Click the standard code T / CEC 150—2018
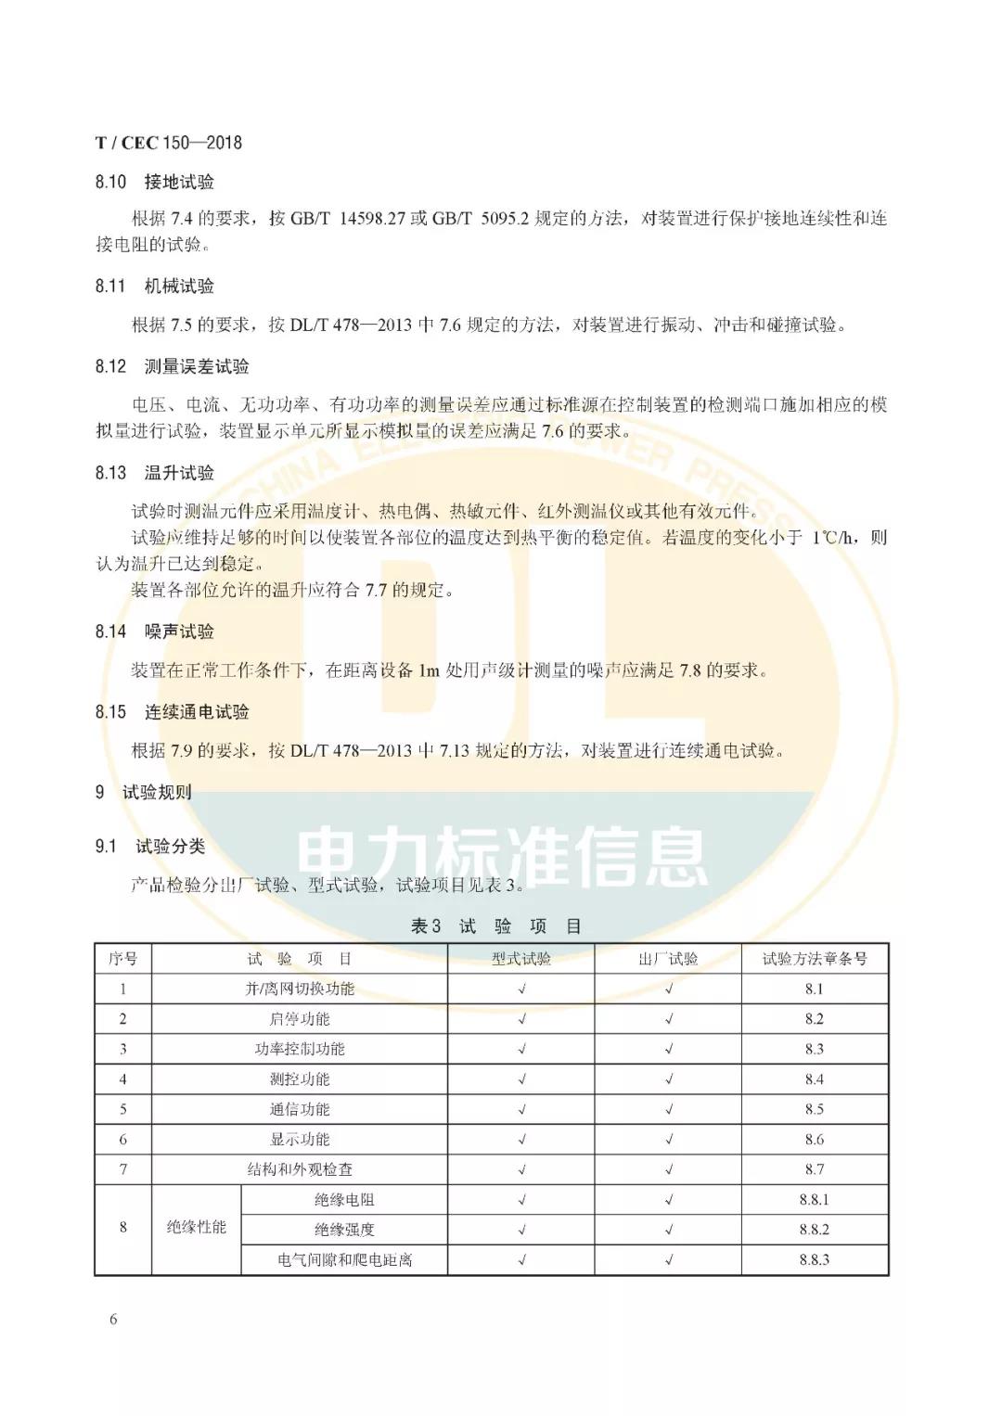click(x=168, y=142)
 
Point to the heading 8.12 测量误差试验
click(x=172, y=366)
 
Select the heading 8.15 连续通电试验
click(x=172, y=712)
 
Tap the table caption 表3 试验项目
click(x=496, y=926)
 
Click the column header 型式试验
click(x=520, y=959)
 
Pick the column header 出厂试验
click(x=668, y=959)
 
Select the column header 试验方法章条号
click(x=814, y=959)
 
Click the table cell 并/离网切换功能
click(x=300, y=989)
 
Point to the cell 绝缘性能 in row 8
click(x=197, y=1228)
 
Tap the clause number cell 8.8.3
click(x=814, y=1260)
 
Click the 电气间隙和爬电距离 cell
click(x=344, y=1260)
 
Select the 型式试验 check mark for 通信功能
click(x=521, y=1109)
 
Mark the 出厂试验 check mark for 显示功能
click(x=668, y=1140)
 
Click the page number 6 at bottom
click(x=113, y=1320)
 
